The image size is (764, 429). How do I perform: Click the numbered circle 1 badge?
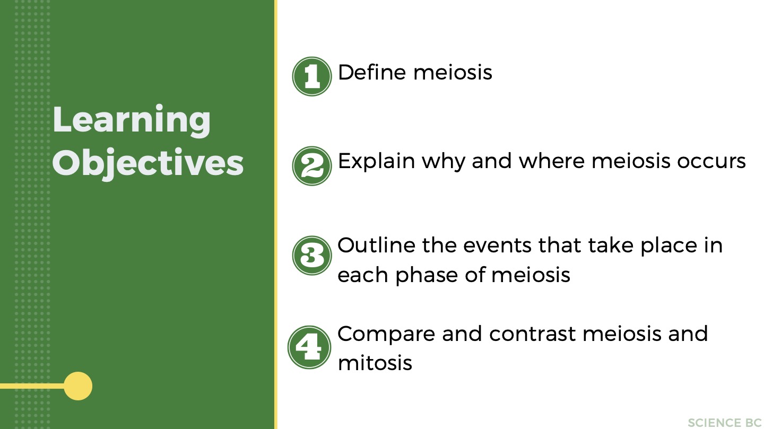pos(312,76)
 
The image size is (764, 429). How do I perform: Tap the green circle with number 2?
pos(312,166)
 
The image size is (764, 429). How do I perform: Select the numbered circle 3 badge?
pos(312,256)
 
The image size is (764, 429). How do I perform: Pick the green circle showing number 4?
pos(309,347)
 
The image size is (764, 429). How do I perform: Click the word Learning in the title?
pos(132,121)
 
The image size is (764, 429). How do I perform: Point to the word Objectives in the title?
pos(148,163)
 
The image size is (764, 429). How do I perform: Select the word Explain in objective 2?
pos(376,162)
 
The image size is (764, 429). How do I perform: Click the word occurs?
pos(711,162)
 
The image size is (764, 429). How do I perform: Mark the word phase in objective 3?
pos(427,275)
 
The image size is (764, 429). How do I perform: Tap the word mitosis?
pos(375,363)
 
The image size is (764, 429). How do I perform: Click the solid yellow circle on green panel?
pos(78,386)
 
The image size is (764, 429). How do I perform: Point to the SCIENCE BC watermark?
pos(724,423)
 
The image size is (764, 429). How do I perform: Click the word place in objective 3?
pos(669,247)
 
